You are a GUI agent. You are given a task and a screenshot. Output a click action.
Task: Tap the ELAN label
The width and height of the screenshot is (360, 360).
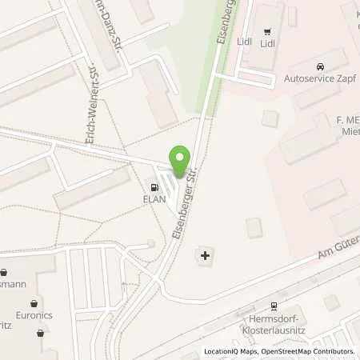tap(155, 200)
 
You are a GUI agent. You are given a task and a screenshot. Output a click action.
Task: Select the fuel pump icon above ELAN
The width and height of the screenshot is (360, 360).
tap(155, 187)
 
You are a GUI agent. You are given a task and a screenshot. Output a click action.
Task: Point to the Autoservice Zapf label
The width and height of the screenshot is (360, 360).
tap(319, 80)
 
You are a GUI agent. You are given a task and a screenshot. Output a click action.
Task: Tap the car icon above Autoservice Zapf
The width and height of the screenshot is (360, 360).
tap(319, 66)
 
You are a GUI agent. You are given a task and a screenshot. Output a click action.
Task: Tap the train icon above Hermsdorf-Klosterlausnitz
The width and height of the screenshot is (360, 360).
tap(274, 305)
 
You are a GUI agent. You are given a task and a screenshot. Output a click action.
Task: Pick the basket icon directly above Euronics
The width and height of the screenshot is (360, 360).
tap(34, 303)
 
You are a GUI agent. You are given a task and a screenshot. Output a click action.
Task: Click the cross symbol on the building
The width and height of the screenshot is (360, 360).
tap(206, 257)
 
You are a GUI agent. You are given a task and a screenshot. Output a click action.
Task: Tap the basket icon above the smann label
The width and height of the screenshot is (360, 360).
tap(4, 271)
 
